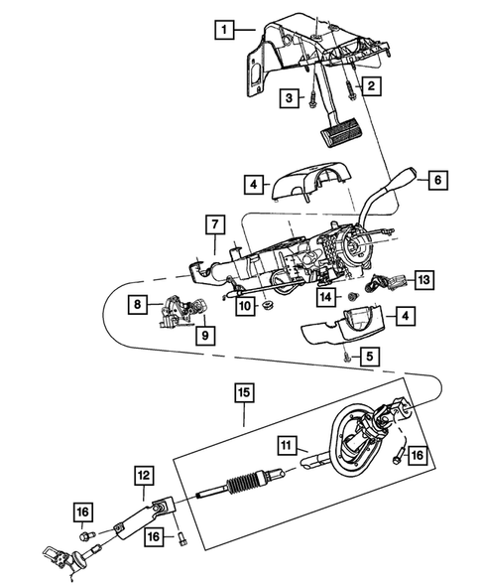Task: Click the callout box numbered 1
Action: [225, 29]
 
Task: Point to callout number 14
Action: [324, 296]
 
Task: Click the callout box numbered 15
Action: [243, 392]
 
